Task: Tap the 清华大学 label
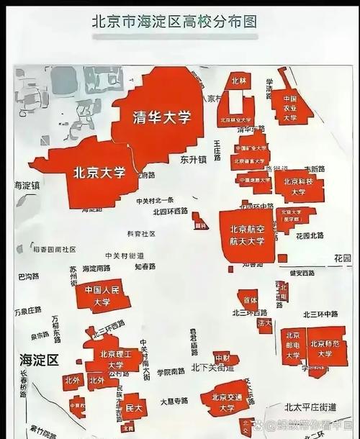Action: pyautogui.click(x=162, y=118)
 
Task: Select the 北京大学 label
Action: pyautogui.click(x=99, y=173)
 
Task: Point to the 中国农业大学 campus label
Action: pyautogui.click(x=290, y=108)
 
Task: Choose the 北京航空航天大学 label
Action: pyautogui.click(x=248, y=235)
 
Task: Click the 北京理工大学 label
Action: pyautogui.click(x=116, y=360)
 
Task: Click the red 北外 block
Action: pyautogui.click(x=72, y=381)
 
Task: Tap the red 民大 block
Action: pyautogui.click(x=132, y=407)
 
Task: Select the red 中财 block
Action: pyautogui.click(x=222, y=358)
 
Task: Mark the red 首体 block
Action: pyautogui.click(x=250, y=299)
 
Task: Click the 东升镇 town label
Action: pyautogui.click(x=193, y=158)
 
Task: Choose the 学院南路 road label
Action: pyautogui.click(x=171, y=372)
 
